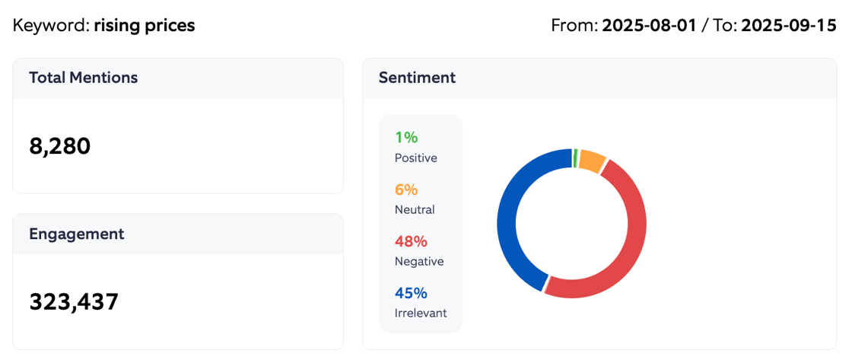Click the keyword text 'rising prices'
145,25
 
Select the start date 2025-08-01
649,25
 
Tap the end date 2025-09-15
789,25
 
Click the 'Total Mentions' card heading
84,78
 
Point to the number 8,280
60,145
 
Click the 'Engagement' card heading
77,234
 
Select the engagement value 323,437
74,302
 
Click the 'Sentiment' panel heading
417,78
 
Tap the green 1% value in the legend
406,138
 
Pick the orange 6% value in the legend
406,190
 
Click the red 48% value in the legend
411,241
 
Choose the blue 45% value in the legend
411,293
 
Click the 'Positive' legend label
416,158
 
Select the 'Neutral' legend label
415,209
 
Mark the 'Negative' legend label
419,261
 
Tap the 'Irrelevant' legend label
421,313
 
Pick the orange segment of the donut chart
591,159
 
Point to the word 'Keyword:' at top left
51,25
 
